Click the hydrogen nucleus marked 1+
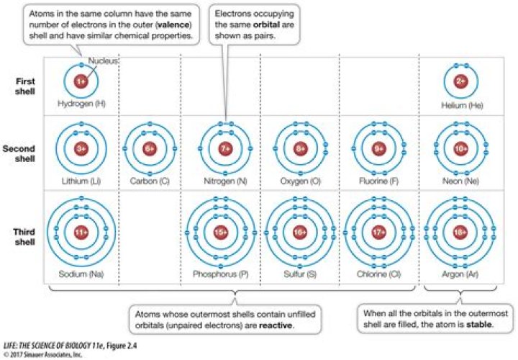81,81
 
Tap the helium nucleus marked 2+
461,81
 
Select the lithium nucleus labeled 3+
81,149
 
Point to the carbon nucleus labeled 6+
150,149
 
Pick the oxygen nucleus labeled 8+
300,149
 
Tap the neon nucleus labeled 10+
461,149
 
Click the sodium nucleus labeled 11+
81,232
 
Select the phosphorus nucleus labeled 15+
220,232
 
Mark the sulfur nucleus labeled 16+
300,232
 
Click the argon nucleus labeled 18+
461,232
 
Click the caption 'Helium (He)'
462,106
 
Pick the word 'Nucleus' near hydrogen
99,62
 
